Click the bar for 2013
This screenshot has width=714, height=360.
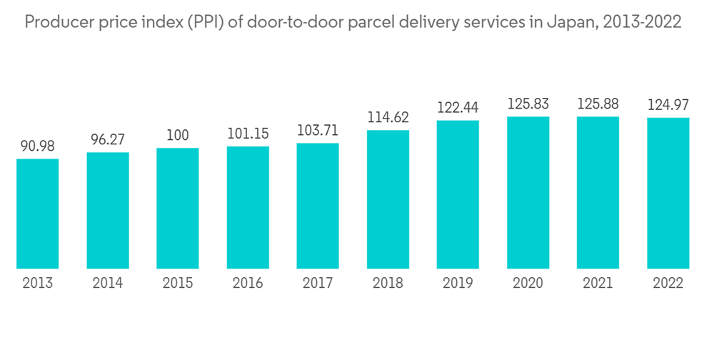click(37, 214)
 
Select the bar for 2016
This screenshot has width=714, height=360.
click(248, 207)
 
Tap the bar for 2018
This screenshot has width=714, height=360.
click(388, 199)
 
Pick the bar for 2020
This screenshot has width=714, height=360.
click(528, 193)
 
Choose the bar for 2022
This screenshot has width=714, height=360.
click(668, 193)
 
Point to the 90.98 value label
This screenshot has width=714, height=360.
click(37, 146)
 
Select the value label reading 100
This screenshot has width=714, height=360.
click(178, 136)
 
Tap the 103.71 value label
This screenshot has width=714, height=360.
click(318, 131)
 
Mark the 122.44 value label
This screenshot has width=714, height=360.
click(458, 108)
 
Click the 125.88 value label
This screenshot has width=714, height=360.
click(598, 104)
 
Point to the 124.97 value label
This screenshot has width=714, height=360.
click(668, 105)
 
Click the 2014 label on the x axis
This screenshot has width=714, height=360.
click(108, 284)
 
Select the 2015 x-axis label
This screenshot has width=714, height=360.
click(178, 284)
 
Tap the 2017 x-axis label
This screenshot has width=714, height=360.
click(318, 284)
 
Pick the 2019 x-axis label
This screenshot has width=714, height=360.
click(458, 284)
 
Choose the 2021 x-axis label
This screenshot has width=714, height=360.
click(598, 284)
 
